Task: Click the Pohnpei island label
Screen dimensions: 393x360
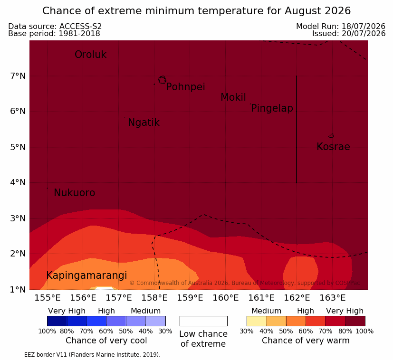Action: point(185,87)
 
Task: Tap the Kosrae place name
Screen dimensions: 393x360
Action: point(333,147)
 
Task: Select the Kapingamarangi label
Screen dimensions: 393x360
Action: point(86,275)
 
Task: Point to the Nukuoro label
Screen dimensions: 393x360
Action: point(75,193)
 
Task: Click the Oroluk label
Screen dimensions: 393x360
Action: point(90,54)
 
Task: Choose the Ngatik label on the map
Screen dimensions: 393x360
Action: point(144,123)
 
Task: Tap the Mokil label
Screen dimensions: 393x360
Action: point(233,97)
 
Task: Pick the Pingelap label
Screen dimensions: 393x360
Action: point(272,108)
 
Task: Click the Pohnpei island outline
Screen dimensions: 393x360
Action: point(162,80)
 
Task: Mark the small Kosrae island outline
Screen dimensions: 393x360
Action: point(331,136)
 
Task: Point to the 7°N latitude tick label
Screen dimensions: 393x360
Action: point(18,76)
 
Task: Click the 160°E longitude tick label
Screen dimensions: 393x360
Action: point(226,298)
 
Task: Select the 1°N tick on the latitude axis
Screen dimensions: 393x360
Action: point(18,290)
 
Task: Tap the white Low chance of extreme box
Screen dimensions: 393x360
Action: point(203,321)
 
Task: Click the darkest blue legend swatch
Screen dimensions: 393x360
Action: point(57,321)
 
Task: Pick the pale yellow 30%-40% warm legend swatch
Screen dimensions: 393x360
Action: point(257,321)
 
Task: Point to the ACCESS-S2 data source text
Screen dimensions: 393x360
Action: point(80,26)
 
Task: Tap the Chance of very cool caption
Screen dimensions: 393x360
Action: point(106,341)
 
